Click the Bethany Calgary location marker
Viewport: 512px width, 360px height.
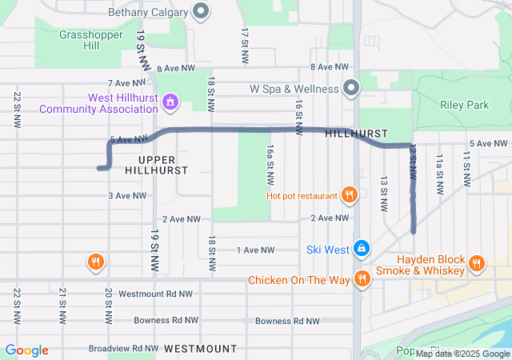click(201, 12)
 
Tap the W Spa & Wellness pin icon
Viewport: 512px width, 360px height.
click(350, 86)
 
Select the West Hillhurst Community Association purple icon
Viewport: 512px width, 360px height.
click(169, 102)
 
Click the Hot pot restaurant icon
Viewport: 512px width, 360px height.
click(349, 194)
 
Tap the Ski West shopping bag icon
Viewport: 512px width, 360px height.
click(362, 250)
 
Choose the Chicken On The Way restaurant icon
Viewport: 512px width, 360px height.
click(362, 278)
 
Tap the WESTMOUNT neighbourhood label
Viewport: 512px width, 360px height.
click(201, 349)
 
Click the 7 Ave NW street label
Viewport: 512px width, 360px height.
click(126, 82)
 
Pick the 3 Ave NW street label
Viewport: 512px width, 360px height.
click(127, 195)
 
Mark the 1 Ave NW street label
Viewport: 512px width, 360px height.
click(255, 250)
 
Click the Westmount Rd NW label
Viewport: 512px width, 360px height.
click(155, 294)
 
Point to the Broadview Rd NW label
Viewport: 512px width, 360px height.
click(123, 349)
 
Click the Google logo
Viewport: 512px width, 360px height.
click(26, 350)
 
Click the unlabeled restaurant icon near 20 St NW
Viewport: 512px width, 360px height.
click(95, 261)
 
